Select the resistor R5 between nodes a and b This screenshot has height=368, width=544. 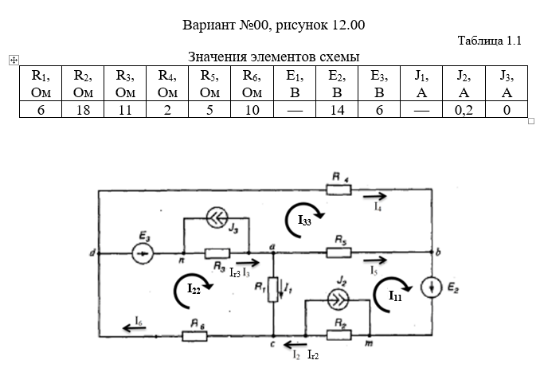tap(339, 253)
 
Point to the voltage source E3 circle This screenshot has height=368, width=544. tap(143, 253)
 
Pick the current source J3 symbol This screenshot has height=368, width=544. tap(216, 215)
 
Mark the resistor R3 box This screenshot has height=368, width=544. tap(217, 253)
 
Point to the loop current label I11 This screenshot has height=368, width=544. tap(395, 296)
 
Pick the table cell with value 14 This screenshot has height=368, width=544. tap(336, 110)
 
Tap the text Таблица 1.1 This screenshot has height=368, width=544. tap(489, 41)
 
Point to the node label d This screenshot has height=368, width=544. tap(93, 253)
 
